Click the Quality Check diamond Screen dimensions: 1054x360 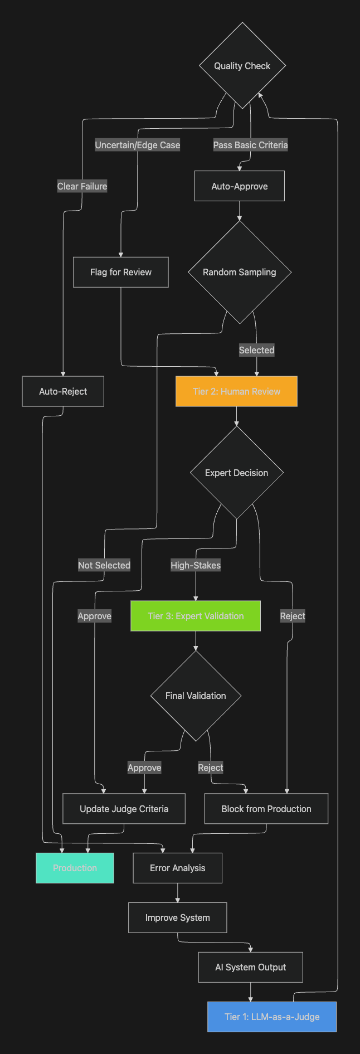pyautogui.click(x=242, y=66)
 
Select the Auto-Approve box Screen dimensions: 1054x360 pyautogui.click(x=240, y=186)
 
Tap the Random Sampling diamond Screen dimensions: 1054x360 pyautogui.click(x=240, y=272)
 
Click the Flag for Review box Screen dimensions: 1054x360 pyautogui.click(x=121, y=272)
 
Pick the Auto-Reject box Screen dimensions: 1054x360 pyautogui.click(x=63, y=391)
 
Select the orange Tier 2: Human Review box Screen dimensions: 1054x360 pyautogui.click(x=236, y=391)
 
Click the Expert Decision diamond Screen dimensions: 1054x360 pyautogui.click(x=237, y=473)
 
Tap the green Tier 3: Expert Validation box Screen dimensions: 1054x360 pyautogui.click(x=196, y=616)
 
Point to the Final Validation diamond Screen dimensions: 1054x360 pyautogui.click(x=196, y=696)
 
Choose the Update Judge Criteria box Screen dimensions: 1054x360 pyautogui.click(x=124, y=809)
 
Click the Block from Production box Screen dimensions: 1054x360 pyautogui.click(x=266, y=809)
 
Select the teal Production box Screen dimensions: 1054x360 pyautogui.click(x=75, y=868)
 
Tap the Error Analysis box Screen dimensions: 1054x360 pyautogui.click(x=178, y=868)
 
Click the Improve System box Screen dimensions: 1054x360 pyautogui.click(x=178, y=917)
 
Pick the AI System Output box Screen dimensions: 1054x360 pyautogui.click(x=251, y=967)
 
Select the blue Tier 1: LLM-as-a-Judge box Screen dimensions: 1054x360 pyautogui.click(x=272, y=1017)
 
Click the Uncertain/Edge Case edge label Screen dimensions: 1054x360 pyautogui.click(x=138, y=145)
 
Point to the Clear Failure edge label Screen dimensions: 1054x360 pyautogui.click(x=82, y=186)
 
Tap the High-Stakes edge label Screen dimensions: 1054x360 pyautogui.click(x=196, y=565)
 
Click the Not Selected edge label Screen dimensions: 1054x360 pyautogui.click(x=104, y=565)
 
